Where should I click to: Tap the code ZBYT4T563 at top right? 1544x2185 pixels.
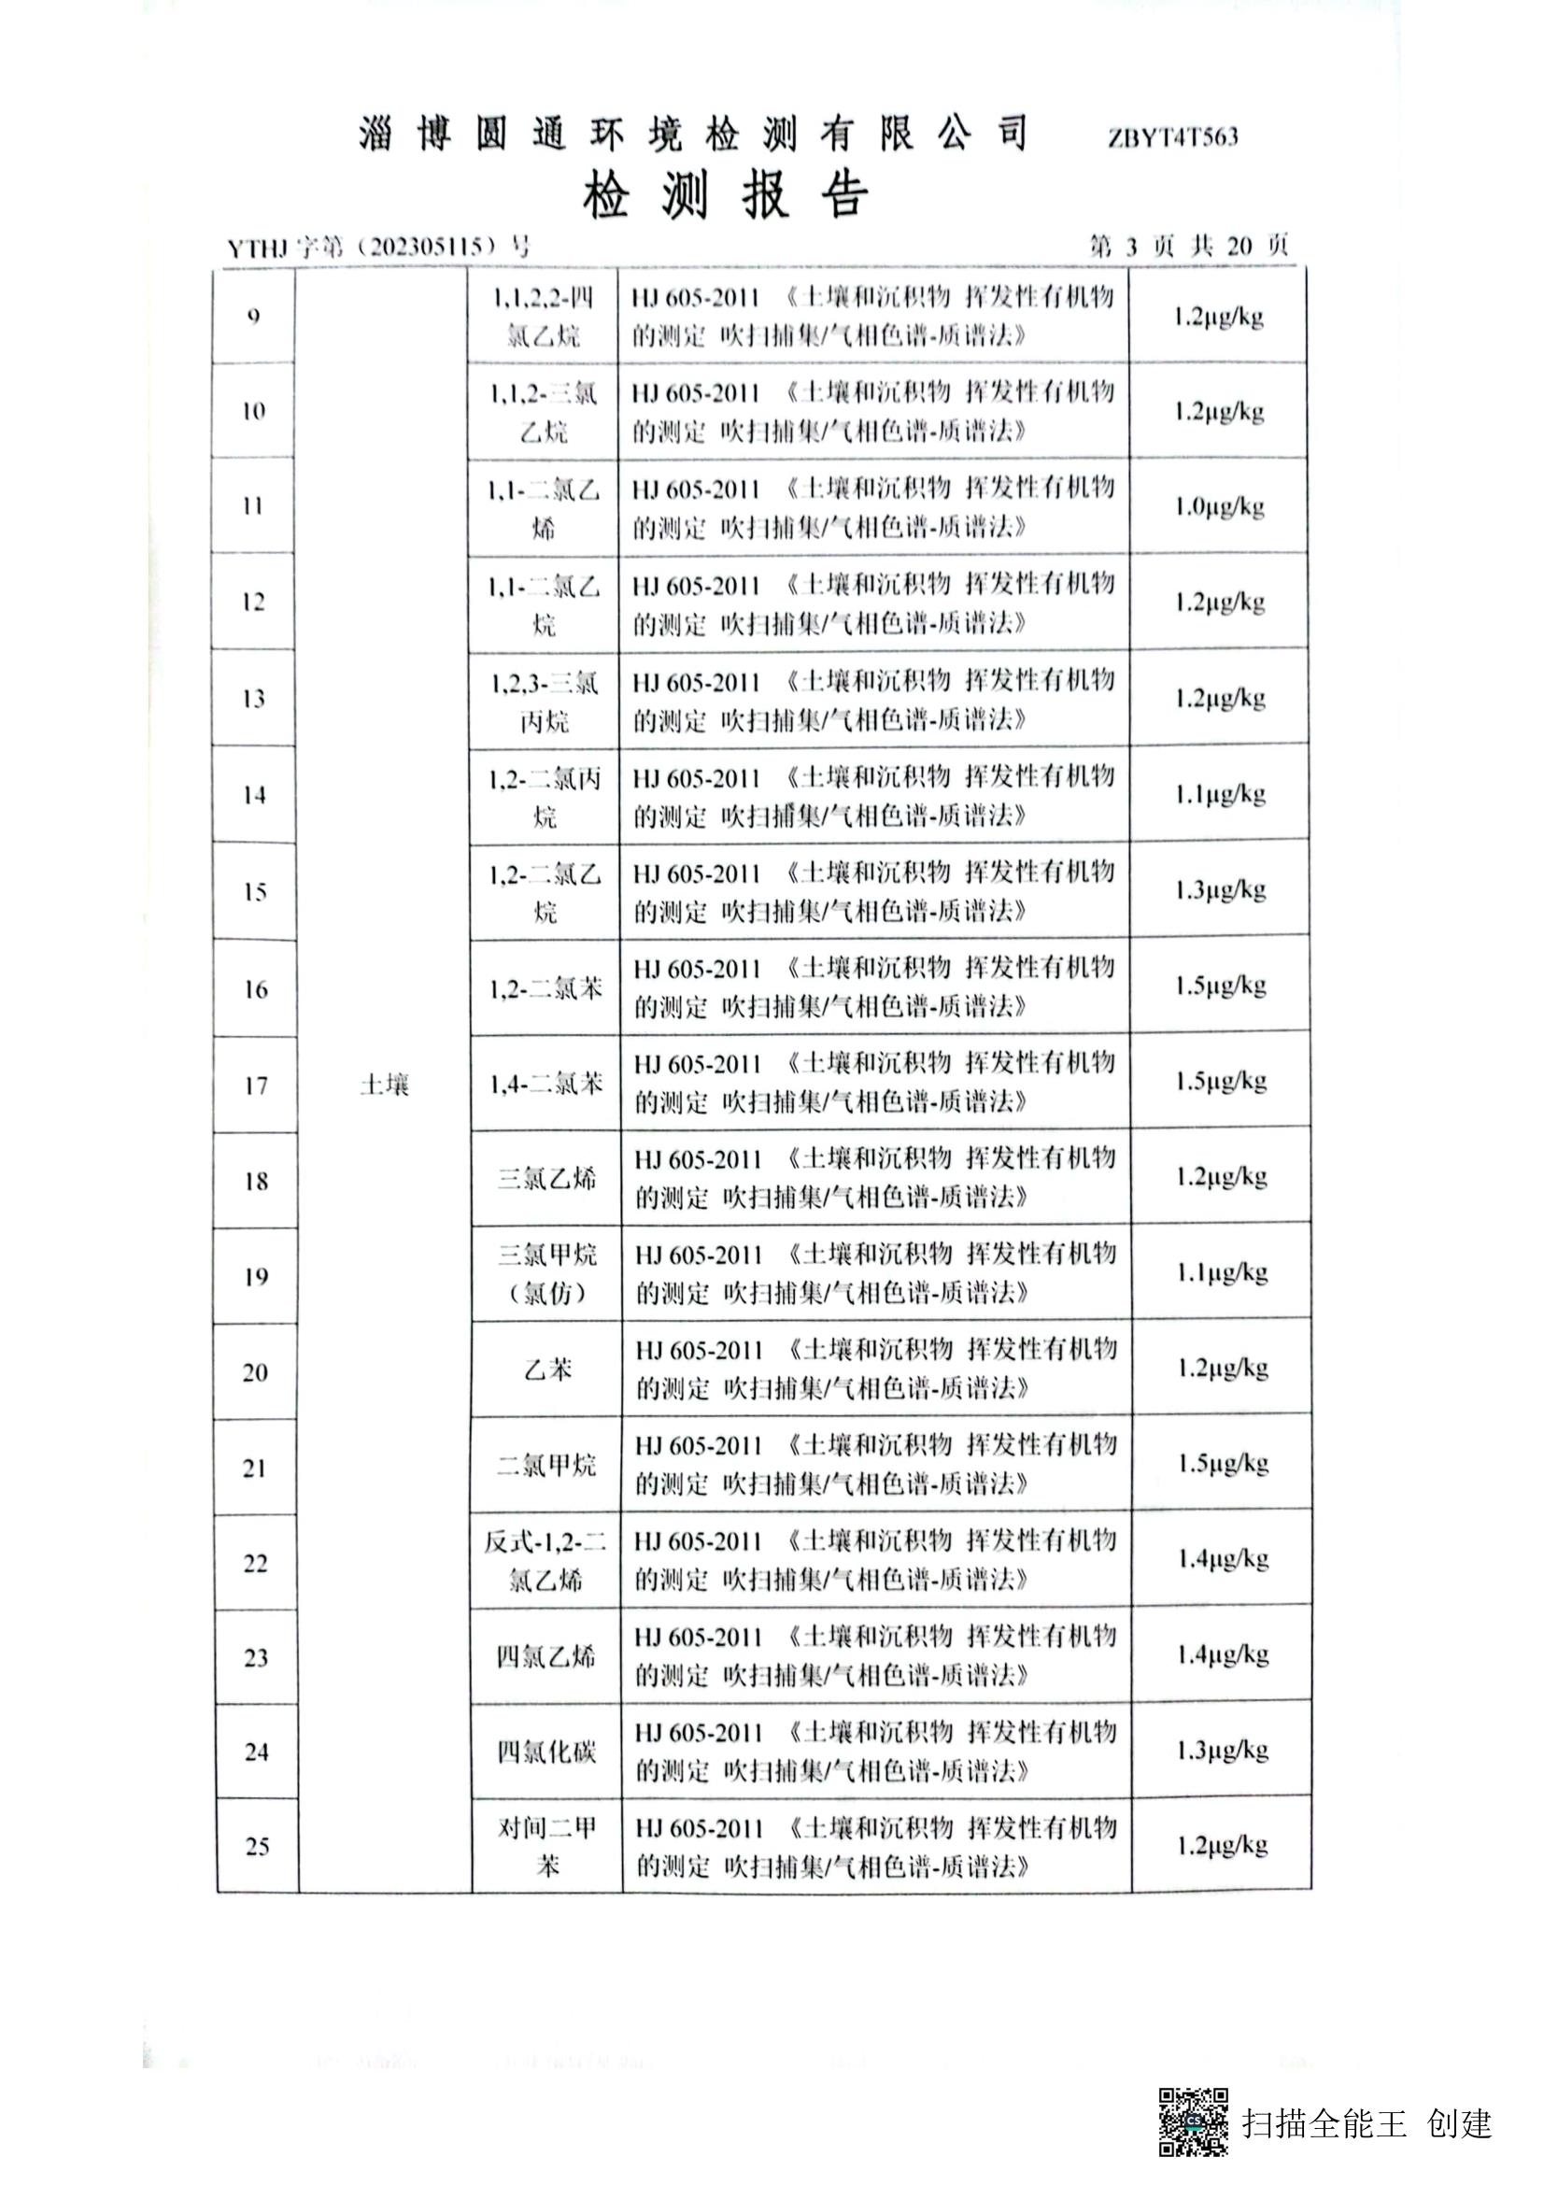[x=1172, y=138]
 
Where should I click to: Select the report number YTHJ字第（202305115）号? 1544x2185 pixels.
[x=377, y=248]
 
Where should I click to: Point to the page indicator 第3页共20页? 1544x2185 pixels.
[x=1188, y=247]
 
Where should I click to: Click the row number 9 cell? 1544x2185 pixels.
[x=253, y=316]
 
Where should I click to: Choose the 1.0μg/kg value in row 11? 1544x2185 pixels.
[x=1219, y=506]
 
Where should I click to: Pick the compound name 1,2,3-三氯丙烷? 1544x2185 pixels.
[x=544, y=702]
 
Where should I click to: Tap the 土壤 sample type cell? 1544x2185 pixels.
[x=384, y=1084]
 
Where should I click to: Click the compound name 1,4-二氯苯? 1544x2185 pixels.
[x=545, y=1083]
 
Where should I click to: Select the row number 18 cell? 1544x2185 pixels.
[x=256, y=1181]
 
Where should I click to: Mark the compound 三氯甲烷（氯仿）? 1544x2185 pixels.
[x=546, y=1273]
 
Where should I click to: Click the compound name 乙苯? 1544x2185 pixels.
[x=547, y=1369]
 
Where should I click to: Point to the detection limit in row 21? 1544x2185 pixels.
[x=1222, y=1464]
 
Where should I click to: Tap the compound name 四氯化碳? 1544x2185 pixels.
[x=546, y=1751]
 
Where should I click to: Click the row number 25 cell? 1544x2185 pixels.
[x=257, y=1847]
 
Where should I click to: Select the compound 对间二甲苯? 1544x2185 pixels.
[x=547, y=1846]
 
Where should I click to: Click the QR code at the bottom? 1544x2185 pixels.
[x=1192, y=2122]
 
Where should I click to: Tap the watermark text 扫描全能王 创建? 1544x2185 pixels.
[x=1366, y=2123]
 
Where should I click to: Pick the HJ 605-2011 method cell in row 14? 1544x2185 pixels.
[x=873, y=796]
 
